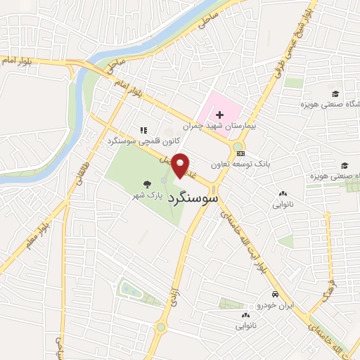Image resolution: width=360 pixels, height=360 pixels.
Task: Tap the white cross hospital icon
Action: point(220,114)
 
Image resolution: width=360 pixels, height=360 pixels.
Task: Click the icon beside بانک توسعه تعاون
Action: point(241,153)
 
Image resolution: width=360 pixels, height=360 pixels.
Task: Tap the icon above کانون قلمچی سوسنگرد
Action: point(143,130)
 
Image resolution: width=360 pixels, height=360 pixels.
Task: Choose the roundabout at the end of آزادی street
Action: point(161,327)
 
